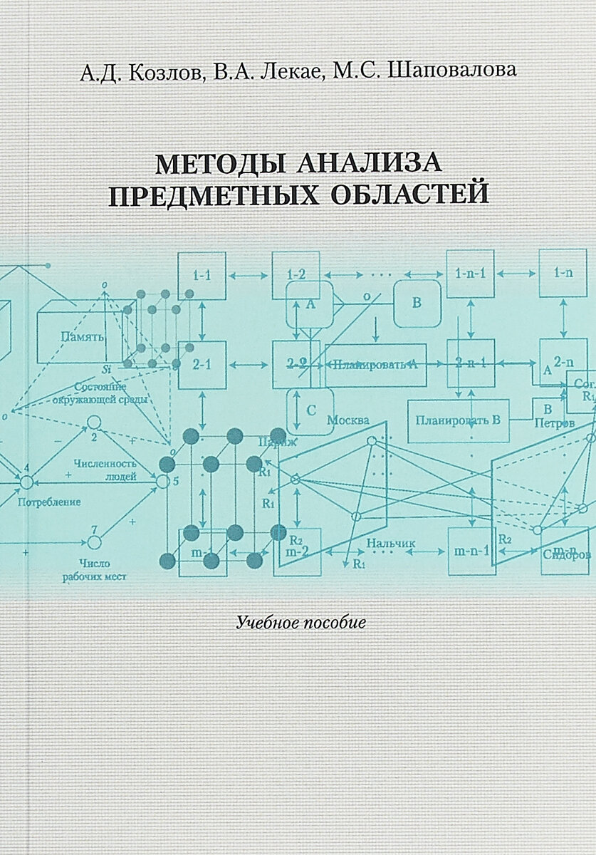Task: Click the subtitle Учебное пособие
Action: [300, 621]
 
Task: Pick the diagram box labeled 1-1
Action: [202, 275]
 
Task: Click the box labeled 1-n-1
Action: [471, 274]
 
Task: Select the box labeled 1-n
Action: [563, 274]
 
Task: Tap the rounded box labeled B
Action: [417, 301]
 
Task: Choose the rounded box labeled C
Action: [310, 410]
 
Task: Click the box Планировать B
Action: [460, 418]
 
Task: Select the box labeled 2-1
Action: [202, 364]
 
